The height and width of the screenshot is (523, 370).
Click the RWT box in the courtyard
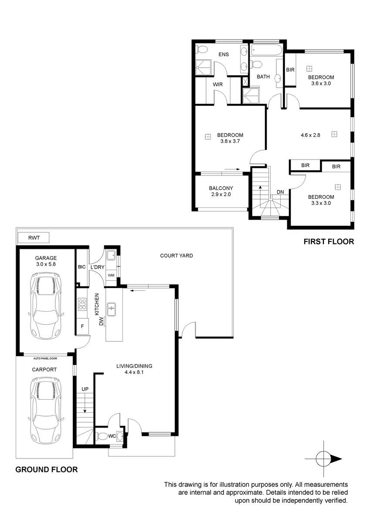pyautogui.click(x=34, y=238)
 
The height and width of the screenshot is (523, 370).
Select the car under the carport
pyautogui.click(x=46, y=411)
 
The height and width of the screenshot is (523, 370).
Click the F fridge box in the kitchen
pyautogui.click(x=82, y=326)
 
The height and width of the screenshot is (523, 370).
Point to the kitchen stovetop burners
pyautogui.click(x=82, y=304)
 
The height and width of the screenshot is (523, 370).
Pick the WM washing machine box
pyautogui.click(x=111, y=275)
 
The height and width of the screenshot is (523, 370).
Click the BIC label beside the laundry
pyautogui.click(x=81, y=267)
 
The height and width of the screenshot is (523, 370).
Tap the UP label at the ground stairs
pyautogui.click(x=85, y=389)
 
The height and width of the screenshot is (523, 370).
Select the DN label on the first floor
pyautogui.click(x=280, y=192)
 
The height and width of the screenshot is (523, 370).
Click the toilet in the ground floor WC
pyautogui.click(x=102, y=436)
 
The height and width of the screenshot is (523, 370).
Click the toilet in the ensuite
pyautogui.click(x=202, y=49)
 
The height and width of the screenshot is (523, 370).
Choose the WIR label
pyautogui.click(x=217, y=84)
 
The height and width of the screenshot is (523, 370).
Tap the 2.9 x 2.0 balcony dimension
pyautogui.click(x=221, y=194)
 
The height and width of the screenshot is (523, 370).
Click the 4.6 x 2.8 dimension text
pyautogui.click(x=310, y=135)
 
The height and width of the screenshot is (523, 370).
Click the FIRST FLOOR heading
pyautogui.click(x=329, y=241)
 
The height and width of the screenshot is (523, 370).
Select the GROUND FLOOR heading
pyautogui.click(x=47, y=469)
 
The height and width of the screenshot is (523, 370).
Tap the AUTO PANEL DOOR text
pyautogui.click(x=45, y=358)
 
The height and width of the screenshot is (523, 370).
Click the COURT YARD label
pyautogui.click(x=177, y=256)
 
